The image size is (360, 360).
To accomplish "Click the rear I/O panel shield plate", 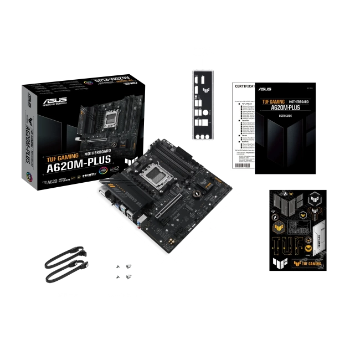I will [202, 105].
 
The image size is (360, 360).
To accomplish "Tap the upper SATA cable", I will [66, 261].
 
